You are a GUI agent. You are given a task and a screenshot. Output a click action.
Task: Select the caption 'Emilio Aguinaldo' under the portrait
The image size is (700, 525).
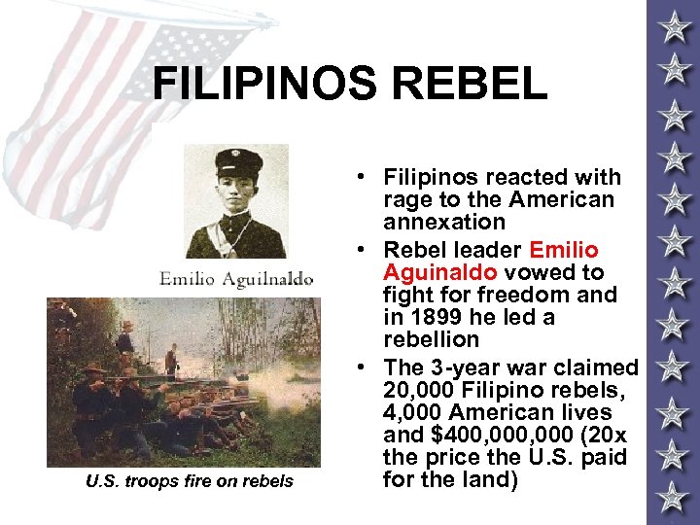236,279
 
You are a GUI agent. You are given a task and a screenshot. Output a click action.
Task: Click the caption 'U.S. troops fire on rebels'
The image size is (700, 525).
189,480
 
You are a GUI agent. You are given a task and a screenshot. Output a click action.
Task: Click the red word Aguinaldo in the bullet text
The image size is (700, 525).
438,272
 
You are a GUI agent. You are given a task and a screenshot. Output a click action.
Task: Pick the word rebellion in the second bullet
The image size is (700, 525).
431,339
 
